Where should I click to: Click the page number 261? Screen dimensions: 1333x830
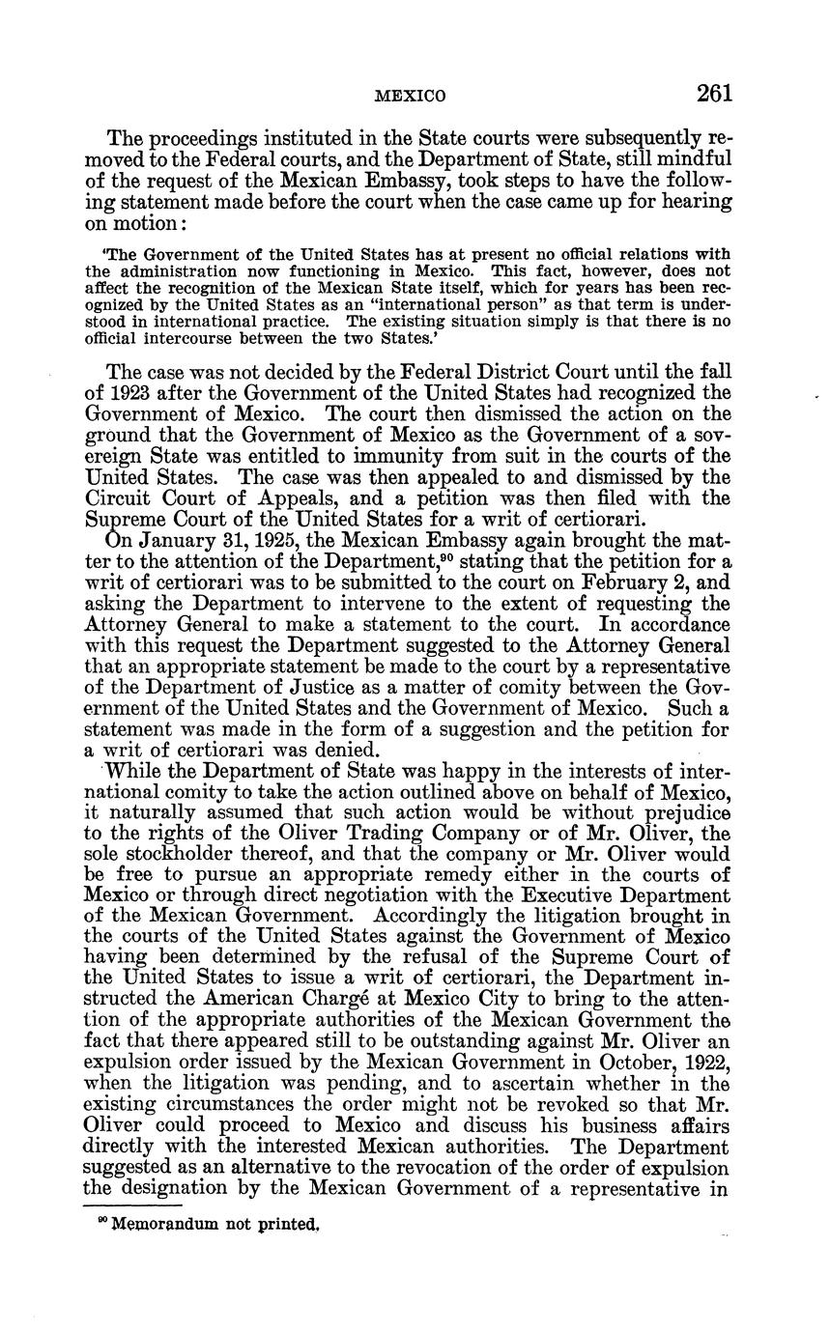(x=713, y=93)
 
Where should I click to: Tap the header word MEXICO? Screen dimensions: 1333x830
(x=410, y=96)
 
